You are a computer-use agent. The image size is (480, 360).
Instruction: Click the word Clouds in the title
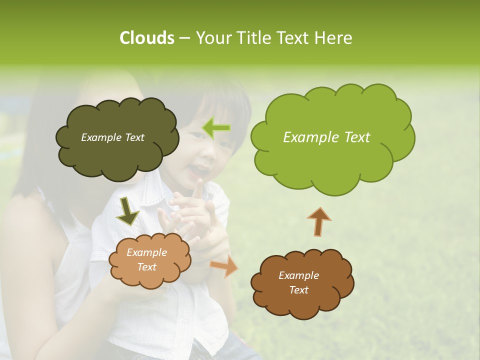pyautogui.click(x=146, y=38)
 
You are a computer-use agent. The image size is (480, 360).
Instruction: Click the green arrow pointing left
pyautogui.click(x=216, y=129)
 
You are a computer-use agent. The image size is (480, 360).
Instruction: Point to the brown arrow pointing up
pyautogui.click(x=319, y=221)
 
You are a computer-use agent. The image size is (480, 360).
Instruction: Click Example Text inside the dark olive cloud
pyautogui.click(x=112, y=137)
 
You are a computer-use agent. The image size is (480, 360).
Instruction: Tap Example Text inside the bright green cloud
pyautogui.click(x=326, y=137)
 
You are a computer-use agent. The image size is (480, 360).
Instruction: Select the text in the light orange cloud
pyautogui.click(x=147, y=260)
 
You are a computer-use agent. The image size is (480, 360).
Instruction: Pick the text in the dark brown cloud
pyautogui.click(x=298, y=283)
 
